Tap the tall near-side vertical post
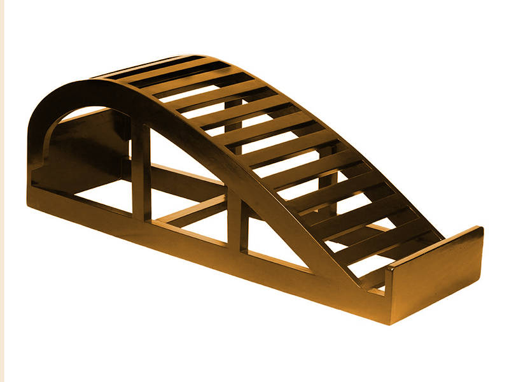[141, 172]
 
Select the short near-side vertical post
[237, 223]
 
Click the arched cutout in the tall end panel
[83, 137]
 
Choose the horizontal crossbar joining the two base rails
[191, 213]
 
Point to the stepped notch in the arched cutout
[48, 153]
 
